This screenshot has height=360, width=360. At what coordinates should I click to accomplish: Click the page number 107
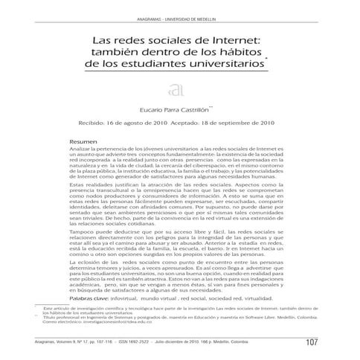pyautogui.click(x=312, y=341)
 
